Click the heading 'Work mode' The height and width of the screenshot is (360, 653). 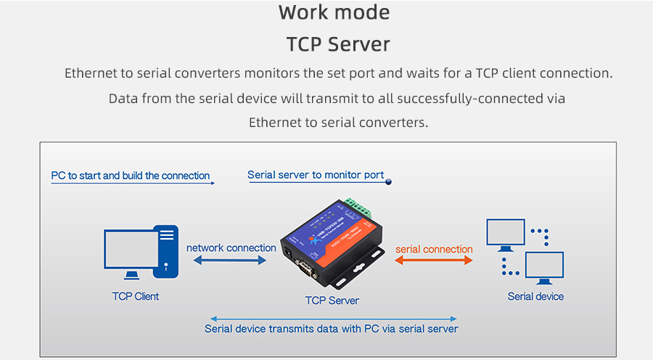coord(334,12)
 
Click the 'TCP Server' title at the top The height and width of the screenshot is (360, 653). coord(338,44)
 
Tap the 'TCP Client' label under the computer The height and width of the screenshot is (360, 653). coord(136,296)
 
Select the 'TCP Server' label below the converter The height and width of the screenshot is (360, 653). coord(332,300)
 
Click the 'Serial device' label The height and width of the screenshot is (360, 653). coord(535,296)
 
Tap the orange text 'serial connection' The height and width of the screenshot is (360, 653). coord(433,249)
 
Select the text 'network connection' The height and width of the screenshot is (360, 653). coord(231,247)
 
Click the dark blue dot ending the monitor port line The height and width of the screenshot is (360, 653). coord(388,182)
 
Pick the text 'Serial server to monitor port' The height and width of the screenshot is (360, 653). coord(316,175)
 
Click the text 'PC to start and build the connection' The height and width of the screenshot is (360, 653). coord(130,176)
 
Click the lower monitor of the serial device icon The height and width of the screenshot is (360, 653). coord(544,266)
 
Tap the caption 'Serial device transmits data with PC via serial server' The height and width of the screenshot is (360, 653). coord(332,329)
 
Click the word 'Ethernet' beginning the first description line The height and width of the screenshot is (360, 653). coord(89,73)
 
